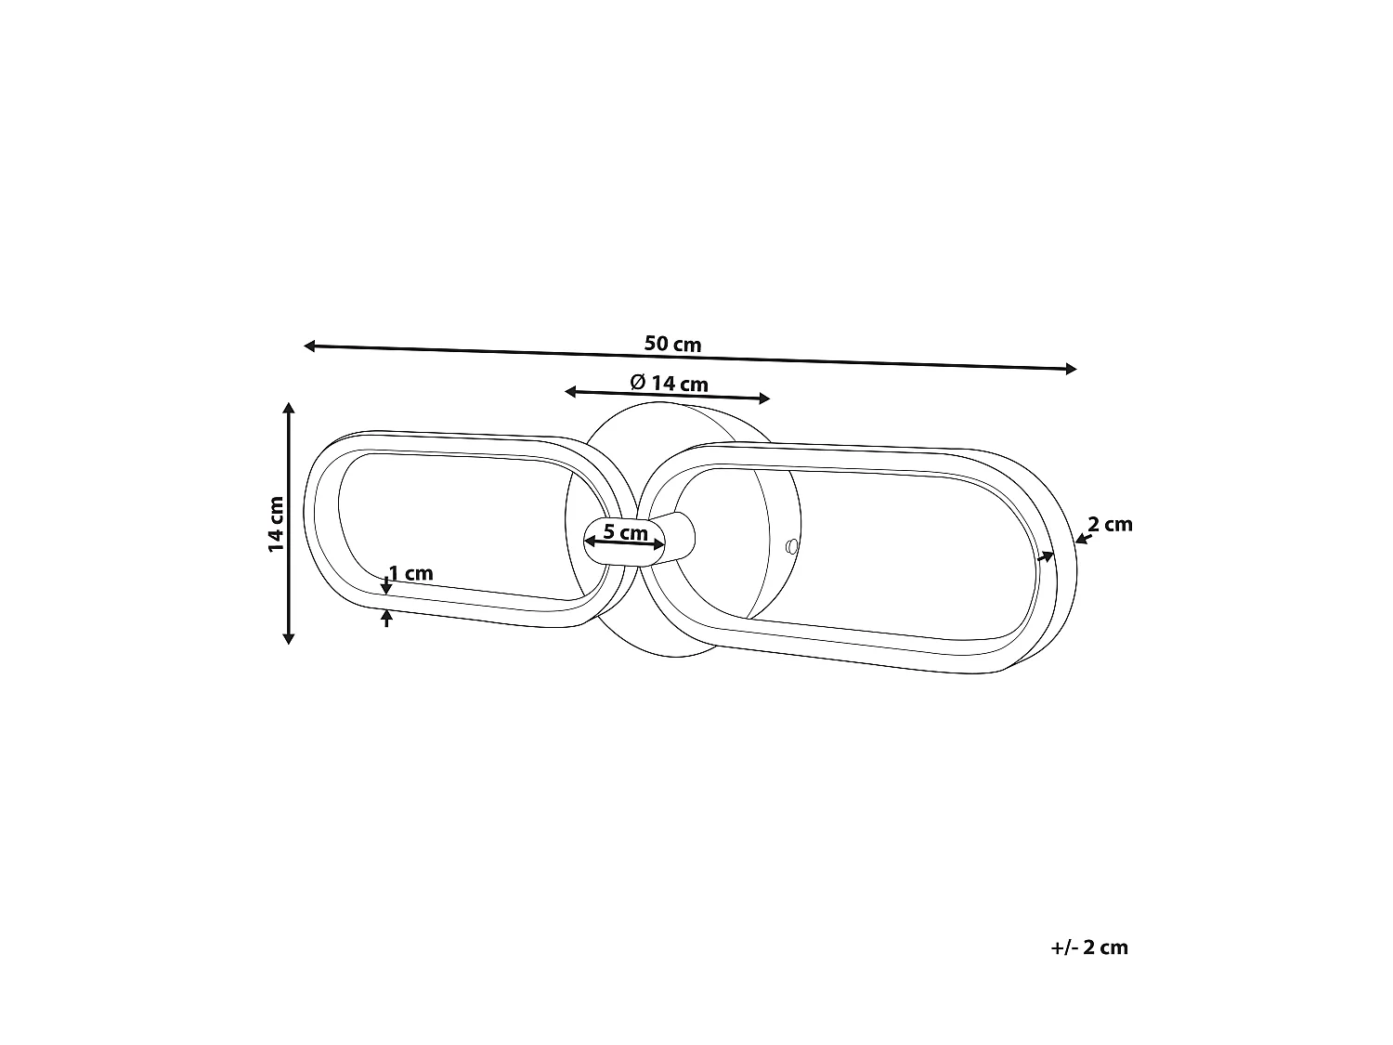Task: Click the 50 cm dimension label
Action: (672, 344)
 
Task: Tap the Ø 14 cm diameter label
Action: (669, 384)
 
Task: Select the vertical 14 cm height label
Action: (276, 524)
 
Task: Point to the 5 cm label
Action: (625, 531)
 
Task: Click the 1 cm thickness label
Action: (410, 573)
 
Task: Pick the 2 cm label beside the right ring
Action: (1110, 524)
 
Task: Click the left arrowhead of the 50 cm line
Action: (309, 346)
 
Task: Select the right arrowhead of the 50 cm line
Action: (1072, 369)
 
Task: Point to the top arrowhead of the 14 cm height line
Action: (289, 408)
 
